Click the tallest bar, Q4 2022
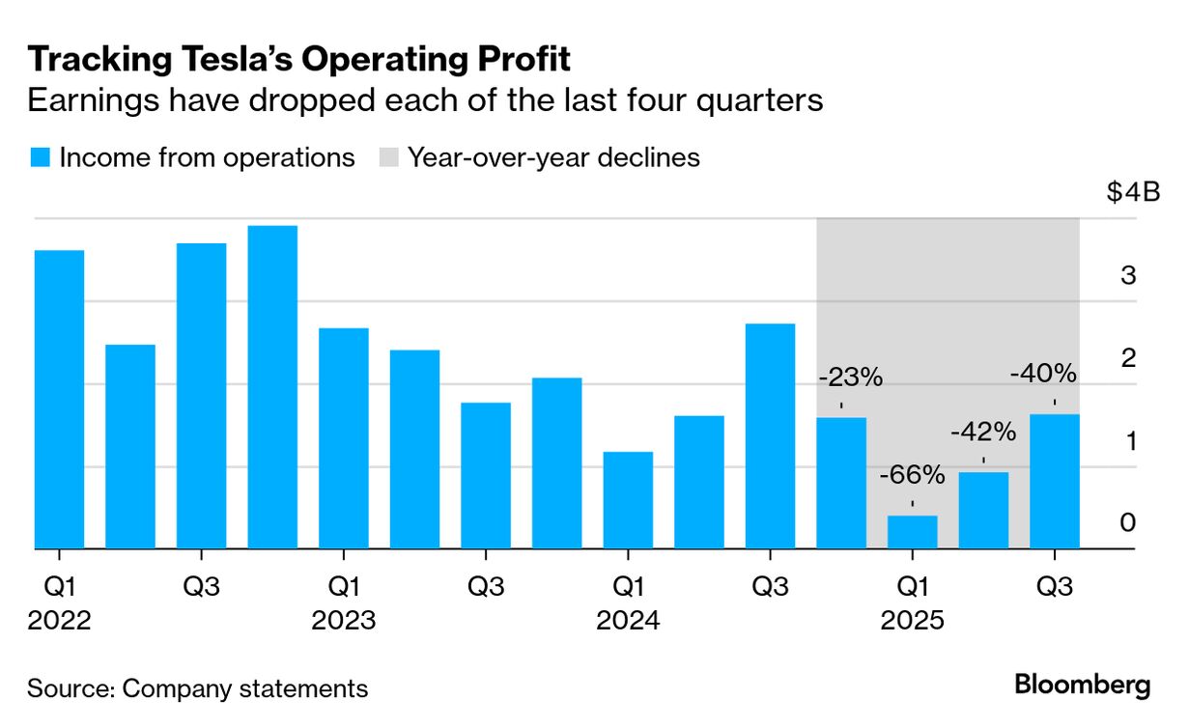coord(272,386)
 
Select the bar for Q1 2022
coord(59,399)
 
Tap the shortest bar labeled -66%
coord(913,532)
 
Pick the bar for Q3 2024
coord(770,435)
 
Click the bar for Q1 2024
coord(628,500)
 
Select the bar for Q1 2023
coord(344,438)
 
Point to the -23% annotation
coord(851,378)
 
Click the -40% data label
coord(1044,373)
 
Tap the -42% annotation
coord(983,432)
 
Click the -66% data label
coord(913,474)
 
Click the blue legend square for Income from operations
coord(39,158)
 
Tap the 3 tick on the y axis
coord(1127,275)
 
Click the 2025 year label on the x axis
coord(912,620)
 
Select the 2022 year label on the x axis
coord(59,620)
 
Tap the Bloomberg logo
coord(1082,686)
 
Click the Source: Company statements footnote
coord(197,688)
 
